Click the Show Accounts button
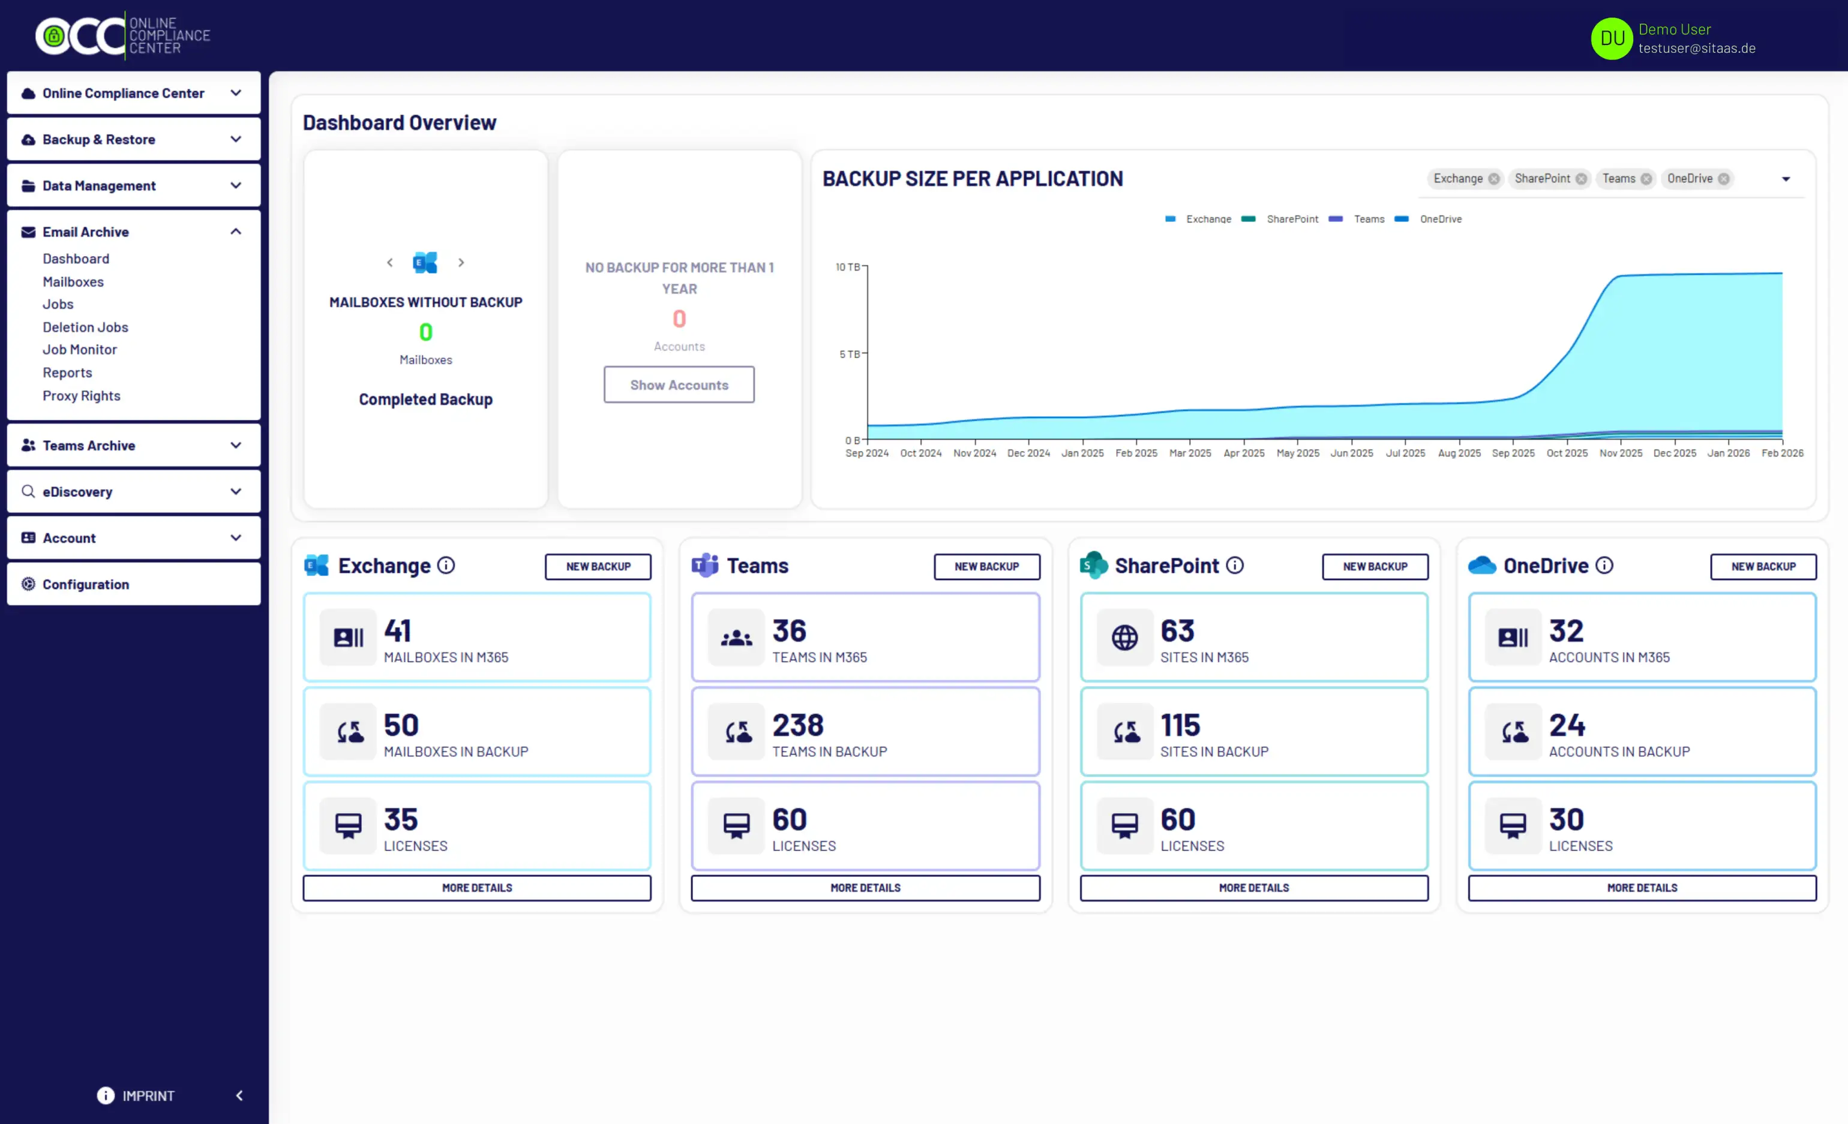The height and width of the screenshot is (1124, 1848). coord(679,384)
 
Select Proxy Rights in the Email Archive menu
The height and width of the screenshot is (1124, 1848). coord(81,396)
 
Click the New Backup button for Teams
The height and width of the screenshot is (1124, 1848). coord(986,567)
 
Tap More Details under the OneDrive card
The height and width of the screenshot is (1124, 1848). coord(1642,888)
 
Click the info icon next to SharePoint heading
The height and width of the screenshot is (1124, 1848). coord(1235,566)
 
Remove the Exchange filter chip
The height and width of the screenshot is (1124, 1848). coord(1494,179)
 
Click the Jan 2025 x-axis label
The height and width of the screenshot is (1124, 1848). coord(1082,453)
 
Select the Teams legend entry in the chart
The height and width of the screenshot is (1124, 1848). coord(1369,219)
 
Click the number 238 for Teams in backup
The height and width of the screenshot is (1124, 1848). coord(798,725)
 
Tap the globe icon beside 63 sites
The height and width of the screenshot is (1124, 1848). coord(1124,638)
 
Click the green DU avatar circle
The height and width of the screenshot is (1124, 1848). coord(1612,38)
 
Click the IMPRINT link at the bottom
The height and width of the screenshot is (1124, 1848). coord(148,1095)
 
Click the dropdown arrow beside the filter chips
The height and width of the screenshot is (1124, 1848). coord(1786,179)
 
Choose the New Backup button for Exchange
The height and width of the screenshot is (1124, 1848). coord(598,567)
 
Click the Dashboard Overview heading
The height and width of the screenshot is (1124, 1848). coord(400,123)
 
